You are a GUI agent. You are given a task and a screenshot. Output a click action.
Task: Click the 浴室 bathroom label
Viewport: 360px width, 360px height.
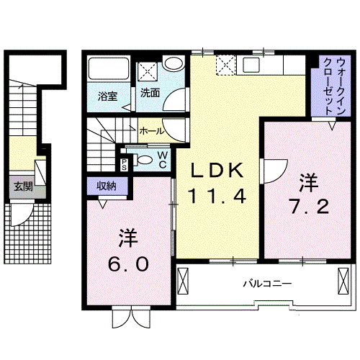pos(108,96)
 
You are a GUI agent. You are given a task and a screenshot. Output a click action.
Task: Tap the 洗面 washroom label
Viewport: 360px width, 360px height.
pos(150,93)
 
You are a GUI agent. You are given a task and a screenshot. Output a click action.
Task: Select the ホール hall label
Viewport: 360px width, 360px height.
pos(152,131)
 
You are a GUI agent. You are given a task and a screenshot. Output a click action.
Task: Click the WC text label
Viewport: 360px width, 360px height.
pos(163,160)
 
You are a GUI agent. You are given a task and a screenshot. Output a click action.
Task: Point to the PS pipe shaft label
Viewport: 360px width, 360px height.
pos(124,164)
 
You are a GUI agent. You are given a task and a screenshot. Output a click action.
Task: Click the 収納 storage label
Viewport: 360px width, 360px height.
pos(107,186)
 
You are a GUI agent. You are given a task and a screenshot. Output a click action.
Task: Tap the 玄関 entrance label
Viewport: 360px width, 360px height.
pos(23,186)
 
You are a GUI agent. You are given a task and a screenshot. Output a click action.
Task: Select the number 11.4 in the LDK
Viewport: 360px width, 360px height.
pos(217,197)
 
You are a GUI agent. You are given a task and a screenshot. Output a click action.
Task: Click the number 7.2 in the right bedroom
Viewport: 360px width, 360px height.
pos(309,207)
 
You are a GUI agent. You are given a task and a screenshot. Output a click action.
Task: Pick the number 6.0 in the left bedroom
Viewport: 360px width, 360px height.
pos(128,264)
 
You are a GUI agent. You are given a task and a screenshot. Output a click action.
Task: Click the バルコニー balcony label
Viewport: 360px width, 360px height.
pos(267,284)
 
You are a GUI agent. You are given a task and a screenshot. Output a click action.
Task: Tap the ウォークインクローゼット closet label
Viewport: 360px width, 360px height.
pos(335,86)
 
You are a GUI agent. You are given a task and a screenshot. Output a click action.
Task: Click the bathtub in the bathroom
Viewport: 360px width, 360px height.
pos(109,68)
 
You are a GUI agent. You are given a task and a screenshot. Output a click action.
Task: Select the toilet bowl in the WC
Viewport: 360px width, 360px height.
pos(144,160)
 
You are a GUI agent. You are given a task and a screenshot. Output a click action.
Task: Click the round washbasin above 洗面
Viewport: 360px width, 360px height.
pos(172,63)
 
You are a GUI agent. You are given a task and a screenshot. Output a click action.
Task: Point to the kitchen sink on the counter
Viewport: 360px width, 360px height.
pos(251,65)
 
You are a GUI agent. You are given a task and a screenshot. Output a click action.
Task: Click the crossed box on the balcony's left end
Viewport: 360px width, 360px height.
pos(183,281)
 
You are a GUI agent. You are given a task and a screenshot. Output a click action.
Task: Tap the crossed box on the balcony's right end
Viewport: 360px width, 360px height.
pos(343,281)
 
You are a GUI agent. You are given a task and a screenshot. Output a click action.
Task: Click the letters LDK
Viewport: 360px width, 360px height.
pos(217,170)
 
